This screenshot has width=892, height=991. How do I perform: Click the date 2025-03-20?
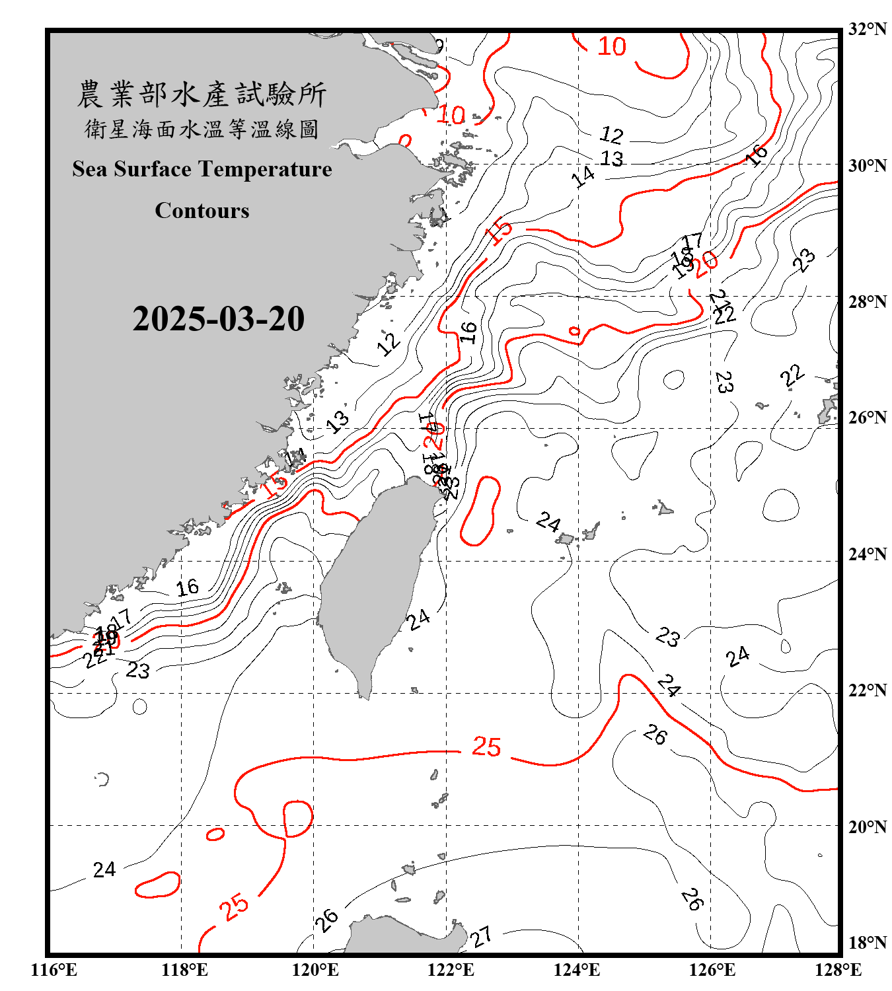coord(218,319)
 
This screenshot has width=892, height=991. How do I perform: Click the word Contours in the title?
coord(202,211)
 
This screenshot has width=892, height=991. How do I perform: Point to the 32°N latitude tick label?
coord(867,29)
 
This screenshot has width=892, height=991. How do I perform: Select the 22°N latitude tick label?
coord(867,690)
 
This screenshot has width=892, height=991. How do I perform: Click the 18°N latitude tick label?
coord(867,943)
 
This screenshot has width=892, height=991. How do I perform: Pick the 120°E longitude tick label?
coord(315,970)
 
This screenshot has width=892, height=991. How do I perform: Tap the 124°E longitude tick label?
coord(577,970)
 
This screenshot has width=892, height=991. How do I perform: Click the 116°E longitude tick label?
coord(54,970)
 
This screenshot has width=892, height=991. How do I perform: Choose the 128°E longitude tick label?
coord(838,970)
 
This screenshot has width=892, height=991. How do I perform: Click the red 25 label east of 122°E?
coord(486,747)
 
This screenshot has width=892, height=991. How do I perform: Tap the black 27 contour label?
coord(481,936)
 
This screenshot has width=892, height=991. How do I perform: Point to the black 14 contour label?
coord(583,176)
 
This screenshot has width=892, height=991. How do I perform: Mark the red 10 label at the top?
coord(611,46)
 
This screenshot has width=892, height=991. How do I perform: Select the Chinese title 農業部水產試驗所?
coord(202,94)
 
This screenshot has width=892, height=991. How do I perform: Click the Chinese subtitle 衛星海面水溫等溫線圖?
coord(202,129)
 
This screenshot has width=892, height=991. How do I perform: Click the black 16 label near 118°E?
coord(187,587)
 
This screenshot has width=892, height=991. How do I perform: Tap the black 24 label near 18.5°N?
coord(104,869)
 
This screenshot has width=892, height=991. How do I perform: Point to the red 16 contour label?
coord(757,155)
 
